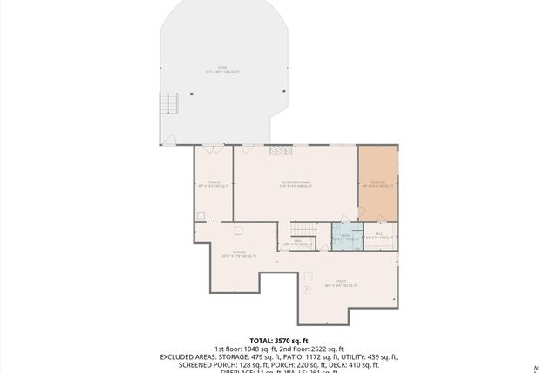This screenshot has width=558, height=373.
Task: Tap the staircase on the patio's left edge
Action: point(170,105)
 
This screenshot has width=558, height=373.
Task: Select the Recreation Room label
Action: point(296,183)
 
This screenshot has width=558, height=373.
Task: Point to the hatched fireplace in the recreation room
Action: point(280,151)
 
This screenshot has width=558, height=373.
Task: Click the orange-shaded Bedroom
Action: point(378,184)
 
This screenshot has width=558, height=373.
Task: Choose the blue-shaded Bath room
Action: point(345,237)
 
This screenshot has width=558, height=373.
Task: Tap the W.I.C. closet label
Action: point(379,234)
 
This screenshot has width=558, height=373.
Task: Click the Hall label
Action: point(297,243)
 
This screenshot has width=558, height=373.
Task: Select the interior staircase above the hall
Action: point(301,230)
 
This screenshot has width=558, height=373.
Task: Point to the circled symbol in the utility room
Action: point(306,289)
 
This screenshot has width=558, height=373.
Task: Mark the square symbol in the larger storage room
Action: point(238,231)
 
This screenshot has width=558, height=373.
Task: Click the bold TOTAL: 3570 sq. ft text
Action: point(279,340)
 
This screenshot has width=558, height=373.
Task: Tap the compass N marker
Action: point(537,367)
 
